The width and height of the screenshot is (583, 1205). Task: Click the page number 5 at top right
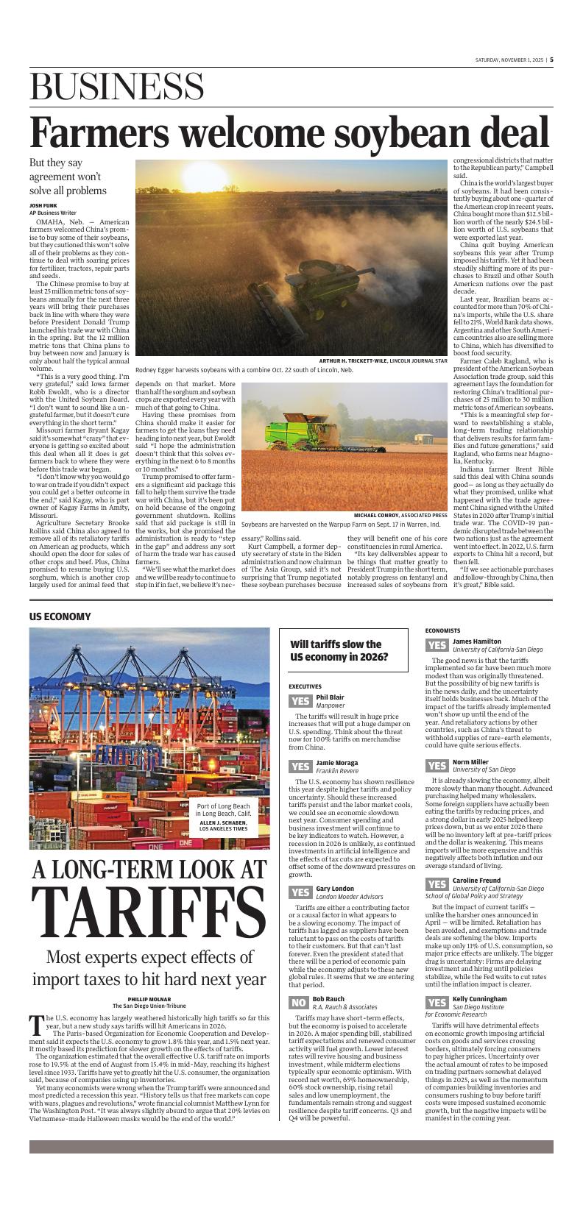(551, 60)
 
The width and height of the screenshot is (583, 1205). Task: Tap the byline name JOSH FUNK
(43, 205)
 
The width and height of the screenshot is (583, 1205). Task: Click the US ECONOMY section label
(60, 616)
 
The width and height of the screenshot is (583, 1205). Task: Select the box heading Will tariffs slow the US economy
(339, 650)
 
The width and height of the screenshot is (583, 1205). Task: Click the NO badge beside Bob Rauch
(298, 1003)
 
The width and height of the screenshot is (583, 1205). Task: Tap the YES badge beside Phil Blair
(300, 700)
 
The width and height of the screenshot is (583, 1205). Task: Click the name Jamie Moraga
(337, 762)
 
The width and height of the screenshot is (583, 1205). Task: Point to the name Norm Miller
(470, 761)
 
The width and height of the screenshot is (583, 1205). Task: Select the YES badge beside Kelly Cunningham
(437, 1003)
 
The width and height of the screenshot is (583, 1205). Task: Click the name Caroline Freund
(476, 880)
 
